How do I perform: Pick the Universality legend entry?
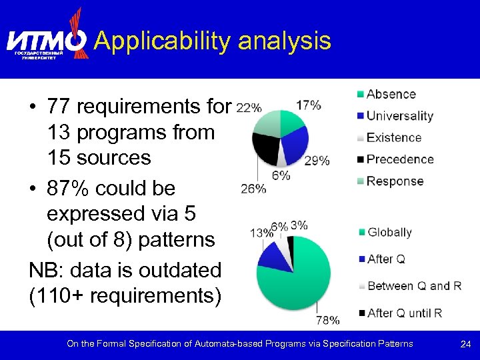point(399,116)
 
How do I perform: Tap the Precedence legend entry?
point(399,159)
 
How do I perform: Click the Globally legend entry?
point(389,232)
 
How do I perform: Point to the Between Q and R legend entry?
point(414,286)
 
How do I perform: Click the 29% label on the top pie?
point(317,160)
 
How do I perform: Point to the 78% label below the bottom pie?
point(327,320)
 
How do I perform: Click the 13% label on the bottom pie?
point(261,233)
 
